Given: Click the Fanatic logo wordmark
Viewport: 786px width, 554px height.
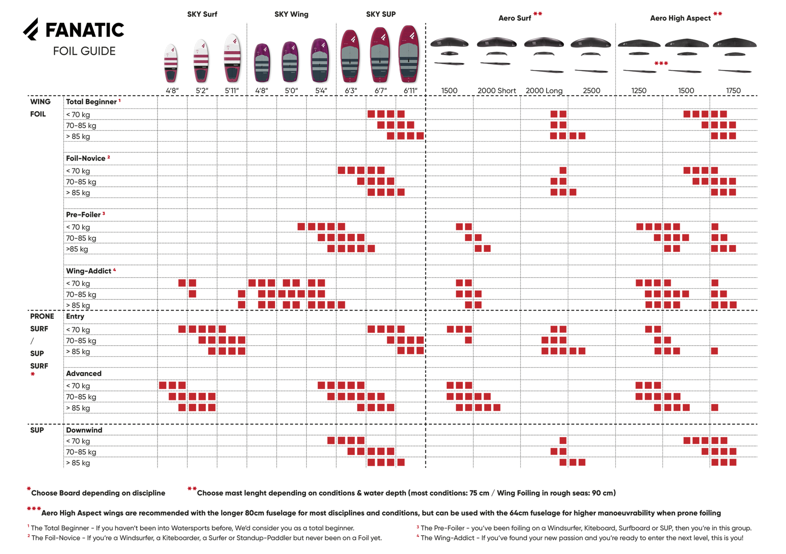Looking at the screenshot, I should [x=84, y=30].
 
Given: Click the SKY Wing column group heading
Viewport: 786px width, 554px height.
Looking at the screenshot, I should [x=291, y=15].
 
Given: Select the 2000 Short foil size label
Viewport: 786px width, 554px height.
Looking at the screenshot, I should [x=496, y=91].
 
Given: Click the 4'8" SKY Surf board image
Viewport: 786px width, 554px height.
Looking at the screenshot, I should [x=171, y=63].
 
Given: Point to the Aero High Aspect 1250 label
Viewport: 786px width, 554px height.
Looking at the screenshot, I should [x=639, y=91].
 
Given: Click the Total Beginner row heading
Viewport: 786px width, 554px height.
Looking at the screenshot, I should [x=91, y=102].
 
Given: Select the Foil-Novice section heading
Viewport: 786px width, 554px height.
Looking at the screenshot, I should [x=86, y=159].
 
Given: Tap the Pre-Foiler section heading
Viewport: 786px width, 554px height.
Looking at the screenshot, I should [x=83, y=215].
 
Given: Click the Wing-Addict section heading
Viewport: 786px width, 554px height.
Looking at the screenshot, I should [x=89, y=271].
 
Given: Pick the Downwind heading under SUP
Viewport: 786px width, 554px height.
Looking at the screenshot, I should [x=84, y=430].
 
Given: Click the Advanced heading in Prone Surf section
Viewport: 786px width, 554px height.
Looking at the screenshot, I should [x=84, y=374].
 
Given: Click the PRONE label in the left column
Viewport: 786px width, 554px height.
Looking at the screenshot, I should [x=42, y=316].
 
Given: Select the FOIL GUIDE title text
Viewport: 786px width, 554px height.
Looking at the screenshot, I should [x=84, y=51].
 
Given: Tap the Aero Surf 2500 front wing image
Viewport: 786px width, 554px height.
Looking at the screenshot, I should [x=590, y=43].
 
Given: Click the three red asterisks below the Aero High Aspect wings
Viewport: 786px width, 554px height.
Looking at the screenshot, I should [x=661, y=63].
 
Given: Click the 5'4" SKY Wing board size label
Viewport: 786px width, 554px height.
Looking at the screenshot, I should [x=321, y=91].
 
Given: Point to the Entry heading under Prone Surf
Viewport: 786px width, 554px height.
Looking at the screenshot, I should [x=75, y=316].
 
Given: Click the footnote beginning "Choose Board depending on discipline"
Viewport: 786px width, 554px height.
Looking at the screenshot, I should [x=98, y=493].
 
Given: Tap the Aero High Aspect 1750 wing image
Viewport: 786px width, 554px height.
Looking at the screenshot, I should [x=735, y=43].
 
